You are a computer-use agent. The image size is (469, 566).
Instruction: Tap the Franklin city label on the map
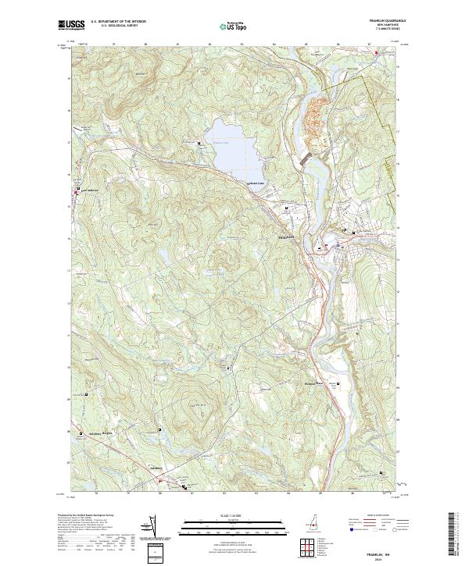(x=287, y=237)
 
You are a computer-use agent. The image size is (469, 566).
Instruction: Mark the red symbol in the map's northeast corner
(x=376, y=53)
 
